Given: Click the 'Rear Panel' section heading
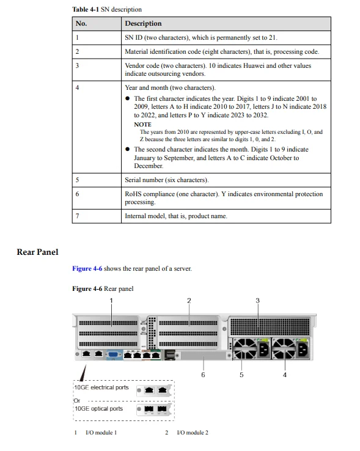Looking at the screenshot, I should (37, 252).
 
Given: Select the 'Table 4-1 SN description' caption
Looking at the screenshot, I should (107, 9).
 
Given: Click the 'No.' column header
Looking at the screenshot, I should (81, 23).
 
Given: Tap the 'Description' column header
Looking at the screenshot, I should (143, 23).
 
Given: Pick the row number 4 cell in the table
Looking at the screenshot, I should (78, 88).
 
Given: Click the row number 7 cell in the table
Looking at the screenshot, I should (78, 216).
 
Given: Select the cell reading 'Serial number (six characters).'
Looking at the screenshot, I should (166, 180).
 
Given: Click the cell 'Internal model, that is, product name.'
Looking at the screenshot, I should (176, 216).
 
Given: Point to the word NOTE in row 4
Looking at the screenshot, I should (142, 124).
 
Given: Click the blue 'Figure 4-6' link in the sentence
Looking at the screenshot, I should (87, 268).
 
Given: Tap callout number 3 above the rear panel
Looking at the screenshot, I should (257, 300).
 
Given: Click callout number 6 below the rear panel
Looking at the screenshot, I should (203, 375).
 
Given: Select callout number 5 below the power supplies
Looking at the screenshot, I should (241, 375).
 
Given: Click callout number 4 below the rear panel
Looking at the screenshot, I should (284, 375).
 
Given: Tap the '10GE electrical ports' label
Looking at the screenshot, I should (101, 387).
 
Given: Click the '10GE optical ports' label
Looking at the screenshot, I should (98, 409).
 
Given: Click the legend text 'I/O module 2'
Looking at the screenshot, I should (192, 433).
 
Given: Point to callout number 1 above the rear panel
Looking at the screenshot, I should (111, 300).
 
